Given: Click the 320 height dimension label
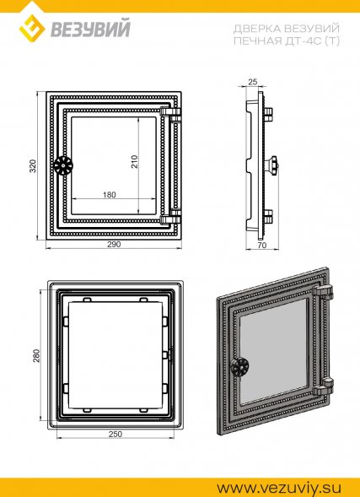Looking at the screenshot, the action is (34, 165).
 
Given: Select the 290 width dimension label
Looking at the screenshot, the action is (115, 245).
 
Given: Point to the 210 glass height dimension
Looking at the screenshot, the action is (135, 162).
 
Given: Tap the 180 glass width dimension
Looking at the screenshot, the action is (110, 195).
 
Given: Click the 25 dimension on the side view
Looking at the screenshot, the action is (252, 82).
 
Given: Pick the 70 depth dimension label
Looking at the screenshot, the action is (262, 245).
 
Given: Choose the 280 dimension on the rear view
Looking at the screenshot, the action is (37, 355).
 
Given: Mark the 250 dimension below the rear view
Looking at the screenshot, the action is (116, 435).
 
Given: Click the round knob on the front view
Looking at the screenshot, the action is (63, 165).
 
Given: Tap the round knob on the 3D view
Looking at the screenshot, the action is (239, 367).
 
